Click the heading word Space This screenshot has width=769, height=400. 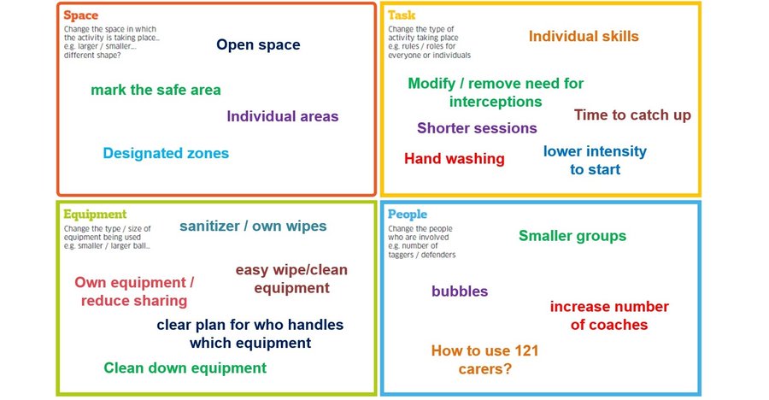(x=80, y=15)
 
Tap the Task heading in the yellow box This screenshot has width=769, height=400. (x=401, y=15)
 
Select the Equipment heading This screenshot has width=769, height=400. (x=95, y=215)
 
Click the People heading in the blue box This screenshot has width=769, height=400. (x=408, y=215)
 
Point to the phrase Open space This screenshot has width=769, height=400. (x=258, y=44)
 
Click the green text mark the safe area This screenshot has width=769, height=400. (x=156, y=90)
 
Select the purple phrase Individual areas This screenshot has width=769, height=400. (x=283, y=116)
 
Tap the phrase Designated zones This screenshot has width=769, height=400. (x=166, y=154)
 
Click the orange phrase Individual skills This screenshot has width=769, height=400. (x=584, y=36)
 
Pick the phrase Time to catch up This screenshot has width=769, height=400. (x=632, y=115)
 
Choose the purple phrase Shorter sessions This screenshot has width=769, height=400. (x=477, y=128)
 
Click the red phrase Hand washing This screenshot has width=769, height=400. (x=455, y=159)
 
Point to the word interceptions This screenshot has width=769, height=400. (x=496, y=102)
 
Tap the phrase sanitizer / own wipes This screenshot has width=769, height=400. (x=253, y=226)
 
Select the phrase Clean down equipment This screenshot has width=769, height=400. (x=185, y=368)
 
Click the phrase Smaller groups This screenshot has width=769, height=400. (x=572, y=236)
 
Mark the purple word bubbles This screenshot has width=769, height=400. (x=460, y=291)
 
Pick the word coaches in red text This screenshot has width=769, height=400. (x=609, y=325)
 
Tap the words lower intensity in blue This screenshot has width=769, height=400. (x=595, y=151)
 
